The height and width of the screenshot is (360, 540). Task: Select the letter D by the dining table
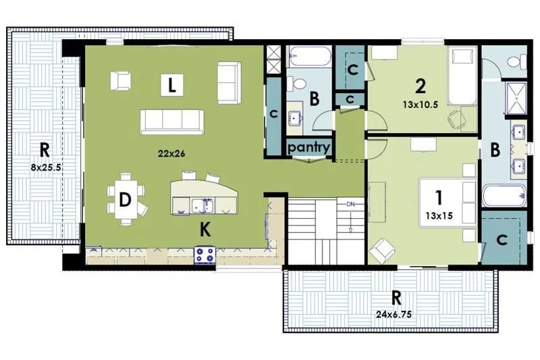[x=125, y=200]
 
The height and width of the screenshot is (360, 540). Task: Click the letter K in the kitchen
[x=205, y=230]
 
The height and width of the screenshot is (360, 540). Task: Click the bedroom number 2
[x=420, y=86]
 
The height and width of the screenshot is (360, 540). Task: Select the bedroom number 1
[x=438, y=198]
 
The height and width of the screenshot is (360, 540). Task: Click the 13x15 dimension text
[x=439, y=217]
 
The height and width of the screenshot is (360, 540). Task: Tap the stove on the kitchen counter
[x=205, y=255]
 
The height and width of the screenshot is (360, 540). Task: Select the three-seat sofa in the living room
[x=172, y=121]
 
